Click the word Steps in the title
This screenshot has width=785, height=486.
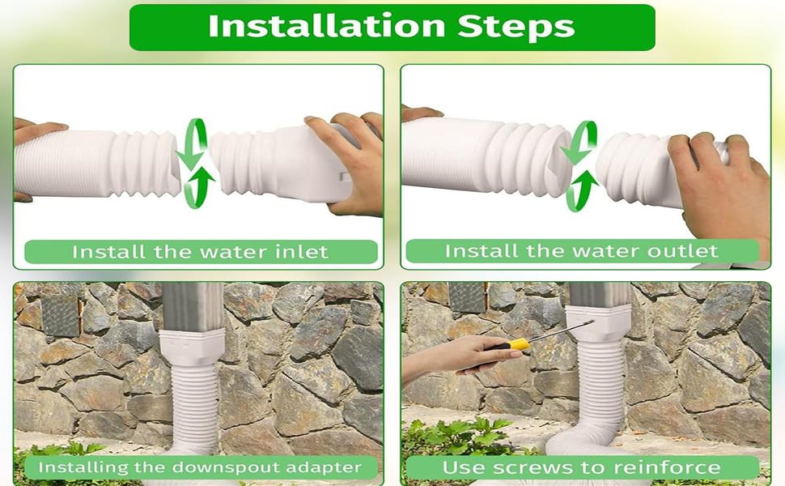click(x=512, y=26)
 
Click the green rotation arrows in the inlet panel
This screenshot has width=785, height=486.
click(x=197, y=163)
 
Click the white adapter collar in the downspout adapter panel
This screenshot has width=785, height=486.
click(x=196, y=347)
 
